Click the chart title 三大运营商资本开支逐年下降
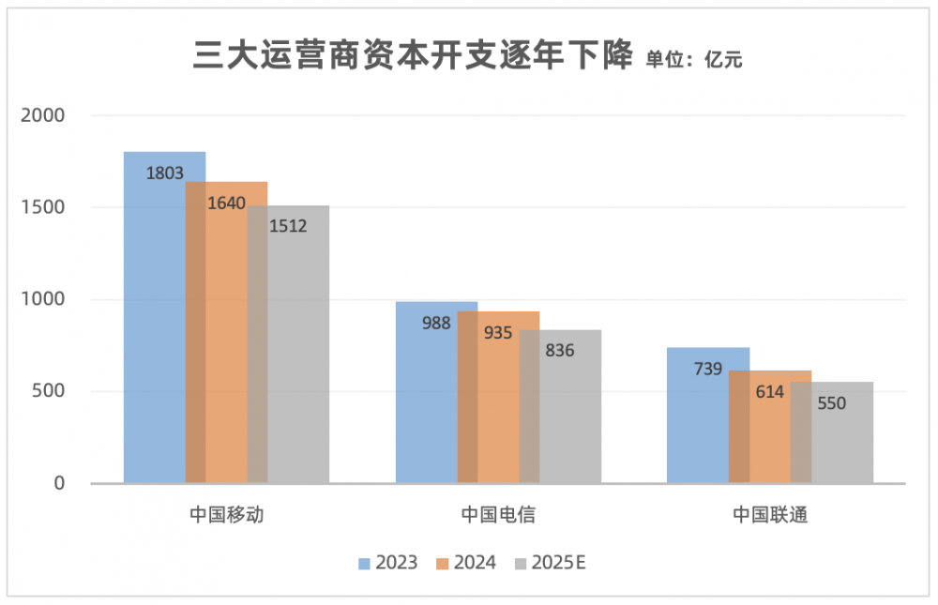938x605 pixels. tap(414, 55)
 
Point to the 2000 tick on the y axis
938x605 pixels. tap(44, 115)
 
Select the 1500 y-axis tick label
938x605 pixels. tap(44, 207)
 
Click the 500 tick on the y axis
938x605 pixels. tap(50, 391)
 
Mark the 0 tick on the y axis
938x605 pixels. tap(58, 483)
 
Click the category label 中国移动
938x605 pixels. tap(226, 515)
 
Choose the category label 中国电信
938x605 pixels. tap(498, 515)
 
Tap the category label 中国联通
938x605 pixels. tap(770, 515)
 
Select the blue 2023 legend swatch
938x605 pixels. tap(366, 564)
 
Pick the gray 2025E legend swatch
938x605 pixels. tap(522, 564)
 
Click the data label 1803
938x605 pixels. tap(164, 173)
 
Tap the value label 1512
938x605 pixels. tap(288, 226)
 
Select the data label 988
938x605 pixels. tap(436, 323)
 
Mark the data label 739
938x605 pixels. tap(708, 369)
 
